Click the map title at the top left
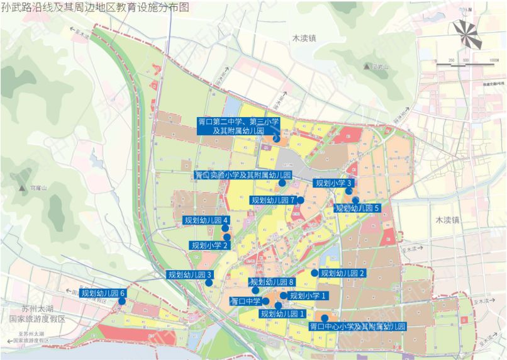coord(94,7)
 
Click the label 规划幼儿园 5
coord(358,208)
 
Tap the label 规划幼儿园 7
coord(273,200)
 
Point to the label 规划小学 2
coord(209,245)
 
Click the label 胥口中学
coord(245,301)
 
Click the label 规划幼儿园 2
coord(343,273)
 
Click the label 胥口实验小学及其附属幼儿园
coord(242,174)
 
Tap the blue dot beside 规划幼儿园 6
coord(121,301)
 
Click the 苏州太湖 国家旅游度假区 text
coord(42,315)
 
